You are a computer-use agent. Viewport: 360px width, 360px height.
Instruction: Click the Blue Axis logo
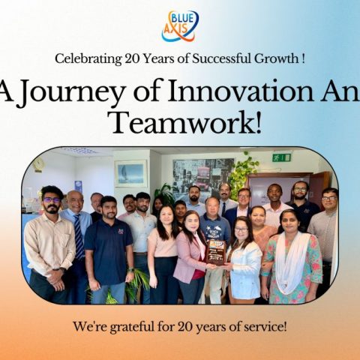point(180,25)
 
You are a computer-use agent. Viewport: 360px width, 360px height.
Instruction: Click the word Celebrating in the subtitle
point(88,59)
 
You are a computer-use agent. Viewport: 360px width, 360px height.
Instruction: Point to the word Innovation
point(240,90)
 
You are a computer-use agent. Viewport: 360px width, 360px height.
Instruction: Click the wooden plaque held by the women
point(216,253)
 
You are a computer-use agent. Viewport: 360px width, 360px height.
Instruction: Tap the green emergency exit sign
point(282,157)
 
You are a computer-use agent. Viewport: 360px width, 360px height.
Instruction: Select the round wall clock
point(38,164)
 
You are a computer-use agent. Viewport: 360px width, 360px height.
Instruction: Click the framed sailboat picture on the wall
point(131,174)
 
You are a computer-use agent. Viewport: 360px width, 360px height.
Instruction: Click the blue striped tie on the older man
point(79,236)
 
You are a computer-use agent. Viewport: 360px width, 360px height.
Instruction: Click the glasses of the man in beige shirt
point(52,199)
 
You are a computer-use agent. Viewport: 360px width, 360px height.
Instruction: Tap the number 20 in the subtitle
point(132,59)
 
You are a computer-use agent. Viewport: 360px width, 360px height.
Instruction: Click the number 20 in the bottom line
point(185,327)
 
